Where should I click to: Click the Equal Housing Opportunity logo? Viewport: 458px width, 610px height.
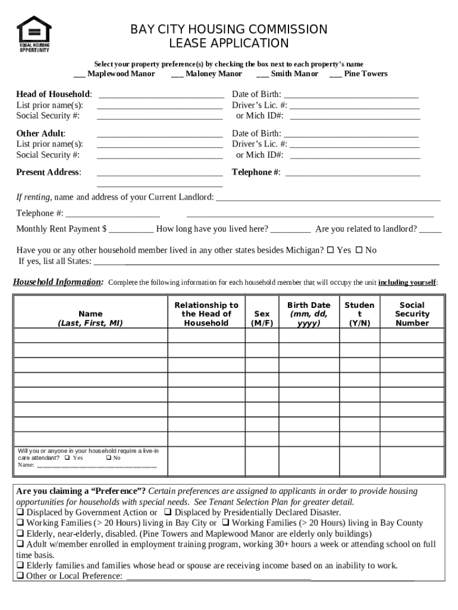coord(34,34)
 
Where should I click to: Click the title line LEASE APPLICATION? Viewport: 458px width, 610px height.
coord(229,43)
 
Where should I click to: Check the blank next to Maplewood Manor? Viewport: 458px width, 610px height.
coord(79,74)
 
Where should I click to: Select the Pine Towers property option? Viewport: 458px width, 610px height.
coord(335,74)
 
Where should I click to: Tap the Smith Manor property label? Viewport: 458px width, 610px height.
coord(294,74)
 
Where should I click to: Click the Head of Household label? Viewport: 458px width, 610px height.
coord(54,94)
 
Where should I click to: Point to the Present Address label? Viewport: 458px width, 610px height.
coord(49,172)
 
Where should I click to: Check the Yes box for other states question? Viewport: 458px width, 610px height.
coord(331,250)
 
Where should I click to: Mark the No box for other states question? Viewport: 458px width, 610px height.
coord(359,250)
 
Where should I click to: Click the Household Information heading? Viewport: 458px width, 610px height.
coord(58,282)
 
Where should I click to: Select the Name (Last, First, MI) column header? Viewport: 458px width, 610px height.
coord(90,318)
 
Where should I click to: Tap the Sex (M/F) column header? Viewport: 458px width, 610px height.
coord(262,318)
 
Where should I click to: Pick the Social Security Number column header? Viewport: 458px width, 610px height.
coord(412,314)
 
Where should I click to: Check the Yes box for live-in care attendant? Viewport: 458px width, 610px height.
coord(67,458)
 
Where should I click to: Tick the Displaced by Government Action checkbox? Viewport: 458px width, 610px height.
coord(20,512)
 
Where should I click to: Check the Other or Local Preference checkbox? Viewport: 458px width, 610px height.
coord(20,575)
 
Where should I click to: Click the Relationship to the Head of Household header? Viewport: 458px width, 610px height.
coord(206,314)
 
